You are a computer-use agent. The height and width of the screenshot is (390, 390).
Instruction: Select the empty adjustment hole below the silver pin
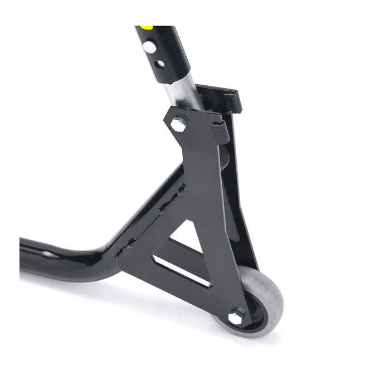coord(159,63)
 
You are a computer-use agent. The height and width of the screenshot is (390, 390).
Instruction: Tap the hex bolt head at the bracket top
coord(178,124)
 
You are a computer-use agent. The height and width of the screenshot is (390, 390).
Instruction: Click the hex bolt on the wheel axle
coord(236,316)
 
